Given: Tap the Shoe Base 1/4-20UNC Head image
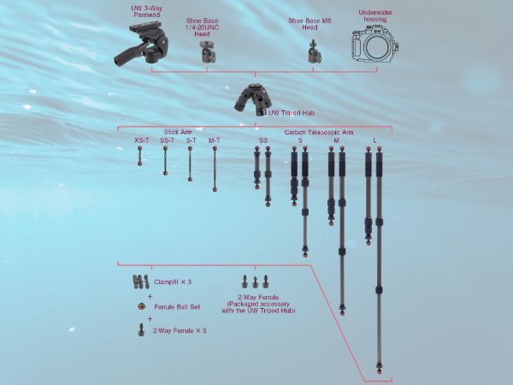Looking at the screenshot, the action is tap(208, 52).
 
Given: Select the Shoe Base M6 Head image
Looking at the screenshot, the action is tap(315, 51).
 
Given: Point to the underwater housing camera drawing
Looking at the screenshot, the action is tap(375, 45).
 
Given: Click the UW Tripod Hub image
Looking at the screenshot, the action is tap(252, 99).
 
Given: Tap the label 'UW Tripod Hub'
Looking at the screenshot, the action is tap(292, 113).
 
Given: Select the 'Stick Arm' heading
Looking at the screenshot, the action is tap(178, 132).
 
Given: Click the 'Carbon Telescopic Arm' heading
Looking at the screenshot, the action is tap(319, 133).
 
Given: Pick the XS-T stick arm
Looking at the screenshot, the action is tap(140, 156).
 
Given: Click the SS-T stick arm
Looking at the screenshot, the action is tap(166, 161).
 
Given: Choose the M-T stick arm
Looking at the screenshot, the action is tap(215, 169).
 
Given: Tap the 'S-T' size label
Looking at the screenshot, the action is tap(192, 140).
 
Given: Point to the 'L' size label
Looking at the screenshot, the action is tap(375, 140).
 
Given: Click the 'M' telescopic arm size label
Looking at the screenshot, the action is tap(336, 140).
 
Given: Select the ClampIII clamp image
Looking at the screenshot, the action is tap(141, 281).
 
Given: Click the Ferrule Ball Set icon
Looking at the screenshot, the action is tap(141, 307).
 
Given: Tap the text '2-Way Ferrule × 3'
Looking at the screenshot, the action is tap(180, 330).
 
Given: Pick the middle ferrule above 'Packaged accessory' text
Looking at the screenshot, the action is tap(255, 281).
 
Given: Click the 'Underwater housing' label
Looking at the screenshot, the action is tap(375, 15).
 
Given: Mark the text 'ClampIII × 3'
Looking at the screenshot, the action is tap(173, 281).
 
